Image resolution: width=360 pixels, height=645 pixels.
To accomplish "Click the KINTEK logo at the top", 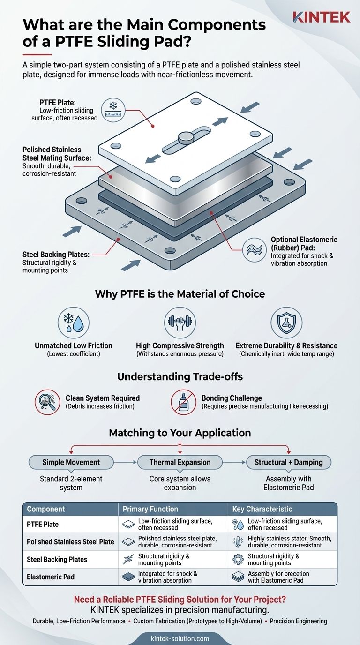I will pyautogui.click(x=322, y=17).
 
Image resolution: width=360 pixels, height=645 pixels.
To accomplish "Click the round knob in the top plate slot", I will pyautogui.click(x=186, y=136).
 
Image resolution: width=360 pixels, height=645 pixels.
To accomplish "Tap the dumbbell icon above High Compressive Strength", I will pyautogui.click(x=180, y=323).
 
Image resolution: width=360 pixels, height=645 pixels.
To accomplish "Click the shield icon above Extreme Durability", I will pyautogui.click(x=286, y=323).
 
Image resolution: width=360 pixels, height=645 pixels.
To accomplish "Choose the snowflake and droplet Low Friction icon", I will pyautogui.click(x=74, y=323).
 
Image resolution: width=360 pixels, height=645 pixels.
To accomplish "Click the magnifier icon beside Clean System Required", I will pyautogui.click(x=47, y=402).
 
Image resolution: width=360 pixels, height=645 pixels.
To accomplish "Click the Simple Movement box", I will pyautogui.click(x=71, y=462).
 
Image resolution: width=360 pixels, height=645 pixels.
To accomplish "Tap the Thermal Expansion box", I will pyautogui.click(x=180, y=462).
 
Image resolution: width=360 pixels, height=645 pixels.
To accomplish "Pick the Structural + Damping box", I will pyautogui.click(x=288, y=462).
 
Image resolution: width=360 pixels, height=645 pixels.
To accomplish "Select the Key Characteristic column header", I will pyautogui.click(x=262, y=509).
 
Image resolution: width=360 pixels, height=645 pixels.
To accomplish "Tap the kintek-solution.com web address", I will pyautogui.click(x=180, y=638).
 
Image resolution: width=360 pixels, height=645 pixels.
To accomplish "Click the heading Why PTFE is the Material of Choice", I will pyautogui.click(x=180, y=294).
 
